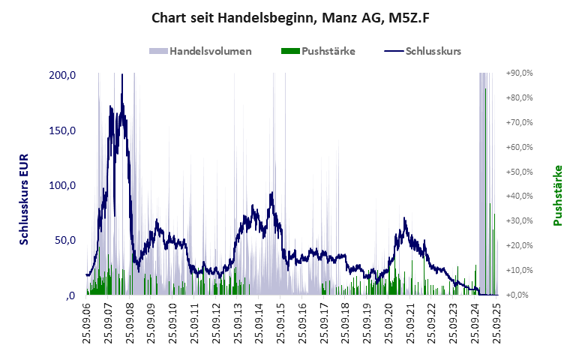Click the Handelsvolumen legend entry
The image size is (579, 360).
(x=201, y=52)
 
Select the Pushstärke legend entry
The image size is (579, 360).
(x=317, y=52)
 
